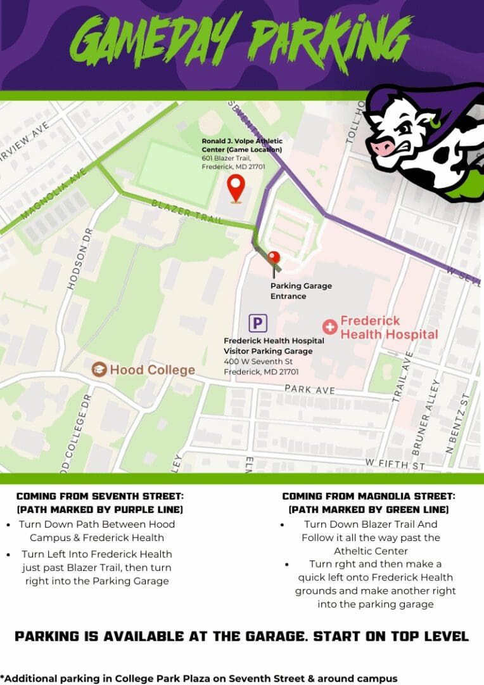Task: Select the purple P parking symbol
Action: click(x=257, y=323)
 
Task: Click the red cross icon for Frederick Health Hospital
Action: click(x=329, y=327)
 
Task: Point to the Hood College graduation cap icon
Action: click(x=99, y=369)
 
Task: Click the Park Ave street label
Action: click(x=309, y=389)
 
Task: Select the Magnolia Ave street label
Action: click(x=54, y=193)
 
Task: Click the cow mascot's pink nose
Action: click(x=382, y=147)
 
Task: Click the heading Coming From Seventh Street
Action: click(x=100, y=496)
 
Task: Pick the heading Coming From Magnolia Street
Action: click(x=369, y=496)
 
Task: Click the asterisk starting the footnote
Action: click(x=3, y=677)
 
